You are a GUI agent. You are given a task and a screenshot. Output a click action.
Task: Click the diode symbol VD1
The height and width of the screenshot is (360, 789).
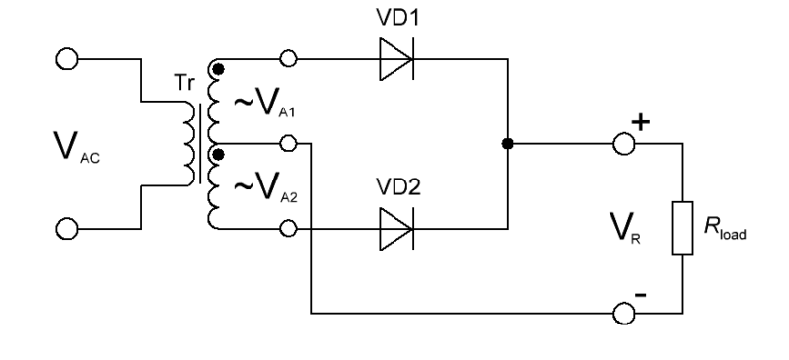click(396, 59)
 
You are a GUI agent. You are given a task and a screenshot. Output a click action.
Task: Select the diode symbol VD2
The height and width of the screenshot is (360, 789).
click(396, 229)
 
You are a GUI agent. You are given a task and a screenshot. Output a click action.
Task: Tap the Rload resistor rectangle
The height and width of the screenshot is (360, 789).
click(682, 228)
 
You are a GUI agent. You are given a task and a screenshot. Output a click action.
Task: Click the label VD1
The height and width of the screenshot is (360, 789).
click(397, 17)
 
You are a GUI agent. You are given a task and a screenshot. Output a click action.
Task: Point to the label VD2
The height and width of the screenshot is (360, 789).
click(398, 187)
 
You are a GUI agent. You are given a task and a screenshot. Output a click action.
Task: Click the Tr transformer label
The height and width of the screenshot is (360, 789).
click(184, 83)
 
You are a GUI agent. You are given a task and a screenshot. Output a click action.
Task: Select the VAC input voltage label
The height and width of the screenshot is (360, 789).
click(77, 147)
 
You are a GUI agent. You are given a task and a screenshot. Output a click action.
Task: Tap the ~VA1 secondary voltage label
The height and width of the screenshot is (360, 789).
click(264, 103)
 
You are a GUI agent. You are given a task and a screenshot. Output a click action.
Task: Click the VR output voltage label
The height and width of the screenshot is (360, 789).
click(625, 228)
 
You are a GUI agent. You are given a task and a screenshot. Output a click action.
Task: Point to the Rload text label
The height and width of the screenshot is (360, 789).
click(725, 228)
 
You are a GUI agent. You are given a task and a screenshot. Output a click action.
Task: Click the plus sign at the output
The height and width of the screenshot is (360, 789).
click(640, 122)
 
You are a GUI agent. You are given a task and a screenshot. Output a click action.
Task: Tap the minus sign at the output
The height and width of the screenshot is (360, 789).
click(640, 295)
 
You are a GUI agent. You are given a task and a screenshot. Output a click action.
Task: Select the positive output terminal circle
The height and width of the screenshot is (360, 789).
click(624, 144)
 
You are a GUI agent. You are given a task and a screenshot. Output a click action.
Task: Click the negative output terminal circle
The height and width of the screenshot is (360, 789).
click(624, 314)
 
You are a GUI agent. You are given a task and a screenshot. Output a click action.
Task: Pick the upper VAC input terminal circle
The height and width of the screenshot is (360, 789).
click(67, 59)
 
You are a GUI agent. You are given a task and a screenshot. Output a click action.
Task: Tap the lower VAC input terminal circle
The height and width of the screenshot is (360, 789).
click(67, 229)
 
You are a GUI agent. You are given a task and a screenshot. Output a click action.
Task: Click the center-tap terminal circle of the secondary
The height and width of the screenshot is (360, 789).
click(288, 143)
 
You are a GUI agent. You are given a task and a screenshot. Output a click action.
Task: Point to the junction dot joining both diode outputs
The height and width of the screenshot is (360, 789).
click(508, 144)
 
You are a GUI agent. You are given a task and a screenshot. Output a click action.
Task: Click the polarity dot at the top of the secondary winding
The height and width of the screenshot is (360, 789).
click(218, 69)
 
